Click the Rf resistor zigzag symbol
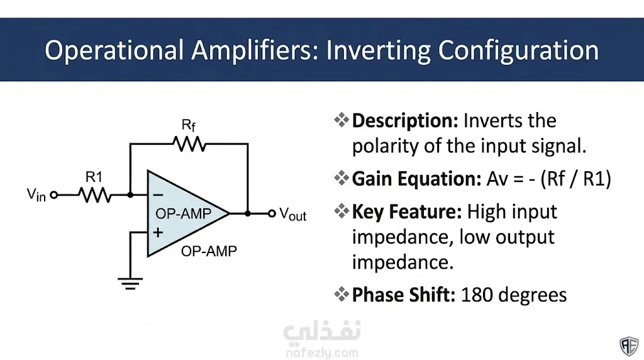pyautogui.click(x=189, y=144)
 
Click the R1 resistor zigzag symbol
pyautogui.click(x=95, y=195)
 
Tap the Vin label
pyautogui.click(x=36, y=195)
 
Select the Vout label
pyautogui.click(x=293, y=214)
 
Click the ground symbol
pyautogui.click(x=130, y=284)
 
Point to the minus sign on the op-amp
pyautogui.click(x=158, y=195)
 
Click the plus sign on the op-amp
pyautogui.click(x=158, y=233)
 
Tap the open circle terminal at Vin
pyautogui.click(x=54, y=195)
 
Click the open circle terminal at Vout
pyautogui.click(x=272, y=214)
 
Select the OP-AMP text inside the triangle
pyautogui.click(x=183, y=214)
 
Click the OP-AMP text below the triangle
pyautogui.click(x=209, y=251)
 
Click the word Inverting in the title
pyautogui.click(x=378, y=50)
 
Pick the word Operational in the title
pyautogui.click(x=114, y=50)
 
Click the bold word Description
pyautogui.click(x=405, y=121)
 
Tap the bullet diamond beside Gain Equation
pyautogui.click(x=341, y=178)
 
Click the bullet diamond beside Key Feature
pyautogui.click(x=341, y=211)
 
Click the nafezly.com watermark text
pyautogui.click(x=322, y=352)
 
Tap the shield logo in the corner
pyautogui.click(x=629, y=346)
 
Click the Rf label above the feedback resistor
pyautogui.click(x=189, y=125)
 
